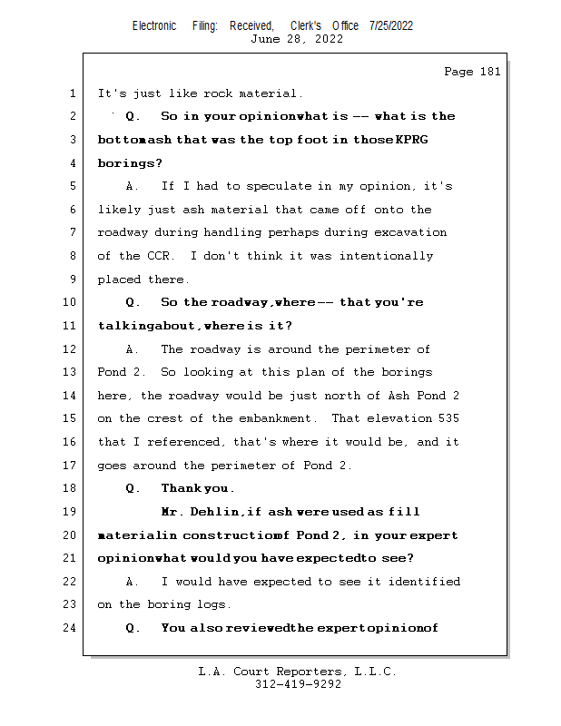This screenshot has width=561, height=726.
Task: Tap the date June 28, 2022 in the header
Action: tap(297, 39)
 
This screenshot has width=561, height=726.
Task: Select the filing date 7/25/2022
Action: tap(391, 25)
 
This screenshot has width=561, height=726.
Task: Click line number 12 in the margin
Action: tap(70, 349)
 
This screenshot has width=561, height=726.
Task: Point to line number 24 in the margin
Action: tap(70, 628)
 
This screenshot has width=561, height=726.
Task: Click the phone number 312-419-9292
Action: tap(298, 684)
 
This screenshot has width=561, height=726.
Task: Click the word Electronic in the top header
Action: tap(154, 25)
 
